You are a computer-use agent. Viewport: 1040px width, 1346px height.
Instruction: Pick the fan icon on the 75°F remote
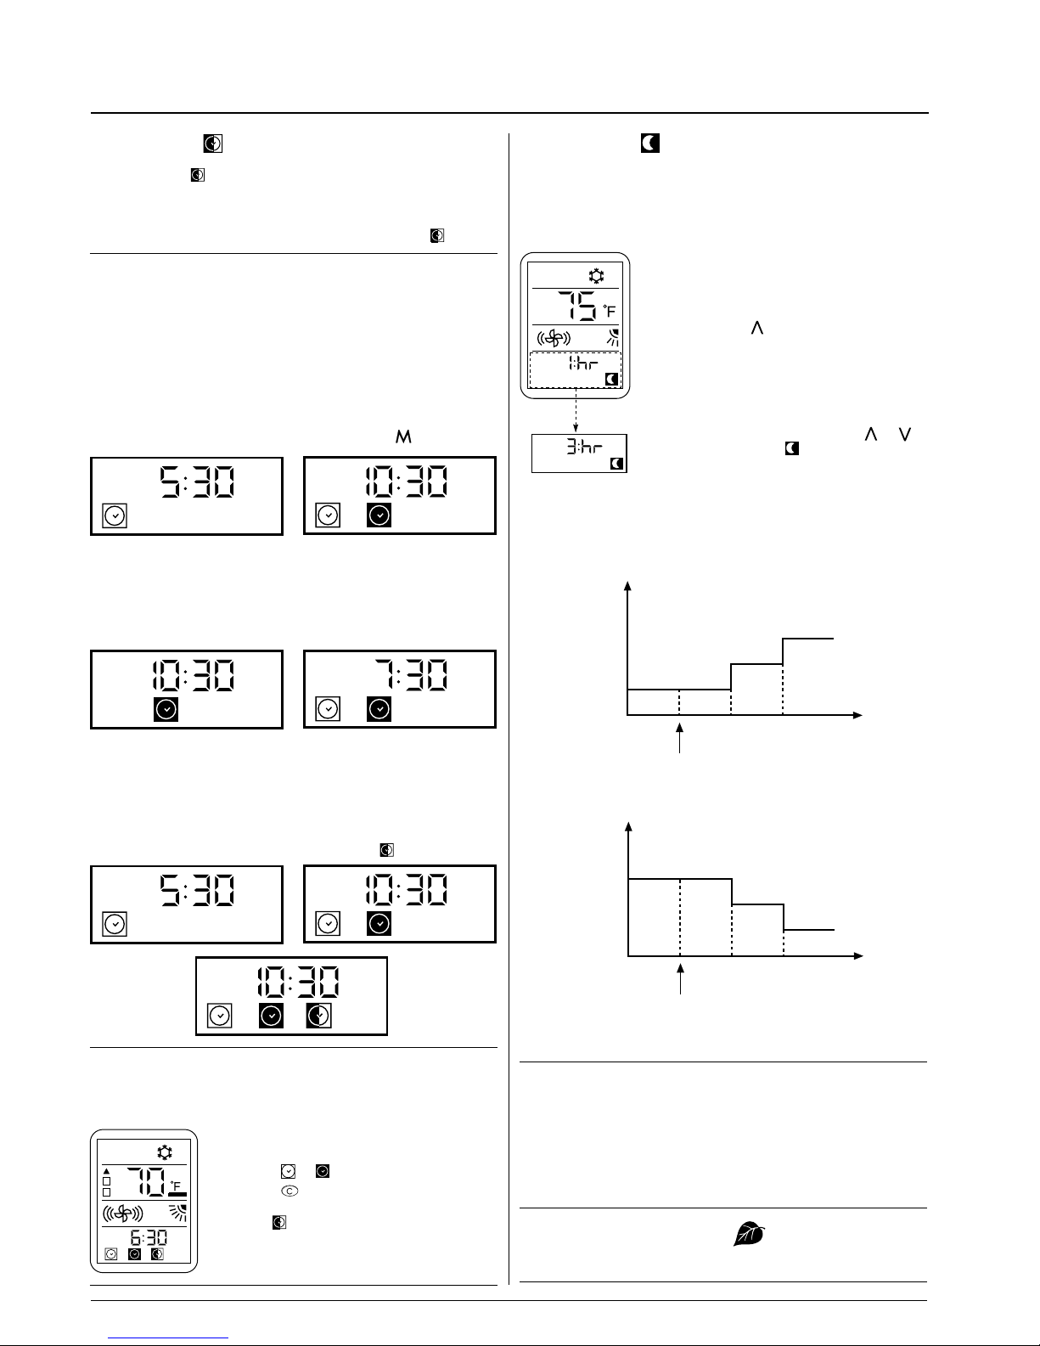(x=554, y=337)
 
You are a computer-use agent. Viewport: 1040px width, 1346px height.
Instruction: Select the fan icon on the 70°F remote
(x=122, y=1213)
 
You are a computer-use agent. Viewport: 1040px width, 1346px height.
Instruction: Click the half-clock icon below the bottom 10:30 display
(x=319, y=1016)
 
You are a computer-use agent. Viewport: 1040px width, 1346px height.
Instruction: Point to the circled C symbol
(x=290, y=1191)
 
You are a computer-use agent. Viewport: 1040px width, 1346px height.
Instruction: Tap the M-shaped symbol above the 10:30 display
(x=403, y=436)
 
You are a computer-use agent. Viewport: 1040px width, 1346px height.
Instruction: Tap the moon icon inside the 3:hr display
(x=617, y=464)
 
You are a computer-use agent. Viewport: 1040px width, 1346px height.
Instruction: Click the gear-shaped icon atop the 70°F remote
(x=164, y=1152)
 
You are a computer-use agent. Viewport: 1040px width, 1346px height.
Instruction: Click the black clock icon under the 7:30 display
(x=379, y=709)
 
